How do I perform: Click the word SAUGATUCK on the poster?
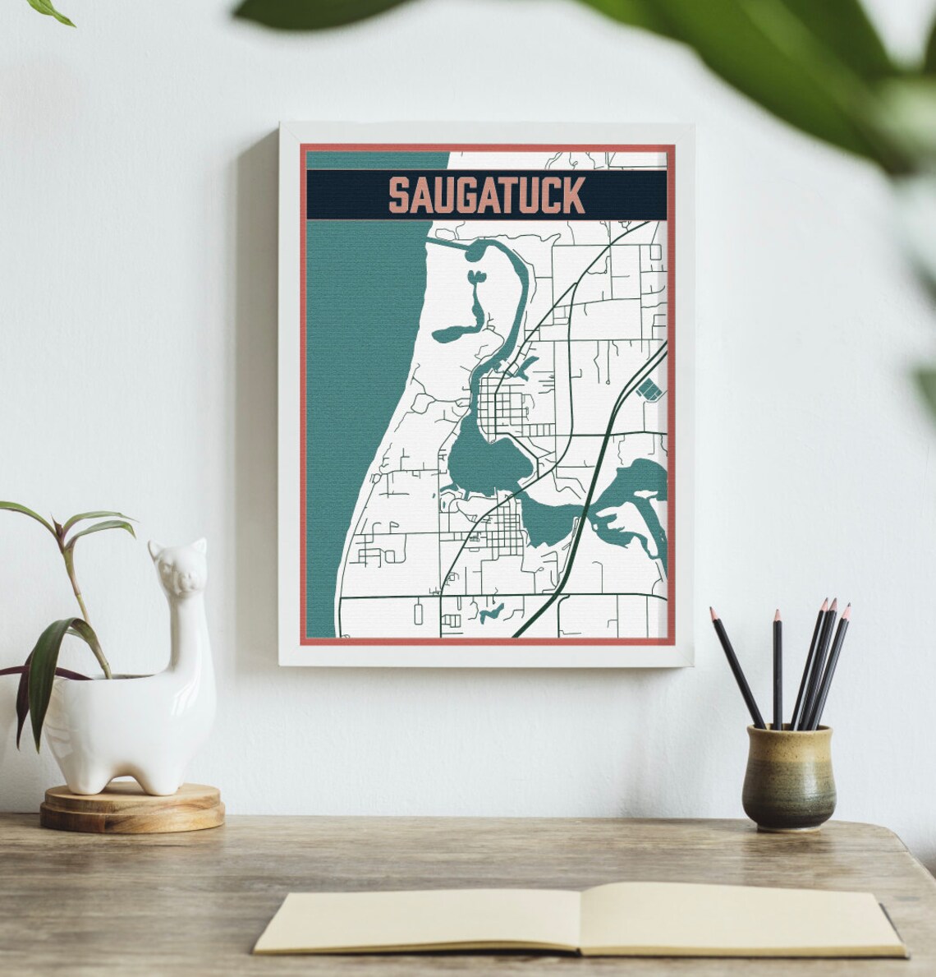(x=486, y=196)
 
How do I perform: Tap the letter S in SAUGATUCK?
(x=398, y=196)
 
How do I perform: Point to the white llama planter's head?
(x=177, y=567)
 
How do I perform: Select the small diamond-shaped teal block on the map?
(x=648, y=389)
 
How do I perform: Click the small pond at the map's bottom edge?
(x=493, y=612)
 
